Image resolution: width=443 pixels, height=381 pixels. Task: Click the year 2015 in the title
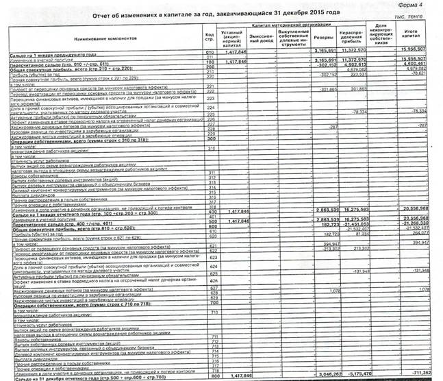click(x=293, y=13)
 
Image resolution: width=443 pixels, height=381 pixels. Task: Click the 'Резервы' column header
click(x=327, y=38)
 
